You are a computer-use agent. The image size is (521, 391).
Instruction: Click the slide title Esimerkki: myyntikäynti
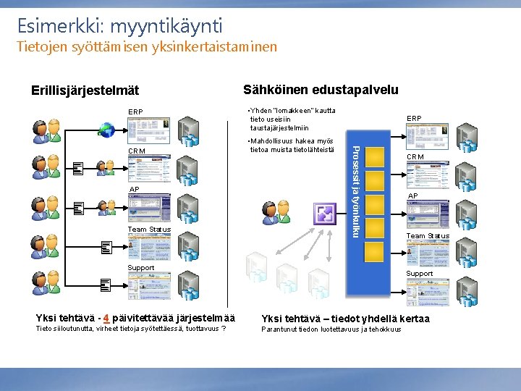120,26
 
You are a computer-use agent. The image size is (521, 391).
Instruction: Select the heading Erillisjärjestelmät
85,91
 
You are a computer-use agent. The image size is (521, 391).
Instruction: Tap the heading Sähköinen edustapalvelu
321,90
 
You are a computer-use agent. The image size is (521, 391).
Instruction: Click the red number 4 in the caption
106,318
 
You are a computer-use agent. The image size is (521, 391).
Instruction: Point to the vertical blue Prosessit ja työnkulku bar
353,190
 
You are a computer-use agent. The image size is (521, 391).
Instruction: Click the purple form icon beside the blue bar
323,214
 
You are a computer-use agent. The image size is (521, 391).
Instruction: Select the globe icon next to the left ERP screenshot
107,130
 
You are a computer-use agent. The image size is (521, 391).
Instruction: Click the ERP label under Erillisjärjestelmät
135,112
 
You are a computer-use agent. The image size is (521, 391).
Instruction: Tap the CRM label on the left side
136,151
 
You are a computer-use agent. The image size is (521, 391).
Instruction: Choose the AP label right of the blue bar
412,195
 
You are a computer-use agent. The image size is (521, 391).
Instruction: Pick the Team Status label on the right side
427,236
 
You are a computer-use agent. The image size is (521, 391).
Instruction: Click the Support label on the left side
140,268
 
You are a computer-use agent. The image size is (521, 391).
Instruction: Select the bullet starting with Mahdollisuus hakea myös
289,145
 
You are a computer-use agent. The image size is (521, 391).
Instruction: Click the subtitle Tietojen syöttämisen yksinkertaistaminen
147,47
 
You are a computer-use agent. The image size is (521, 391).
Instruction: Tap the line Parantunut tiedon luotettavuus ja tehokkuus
331,330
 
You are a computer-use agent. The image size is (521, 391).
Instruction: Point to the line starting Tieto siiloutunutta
131,330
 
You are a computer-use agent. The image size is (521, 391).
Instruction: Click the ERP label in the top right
414,118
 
